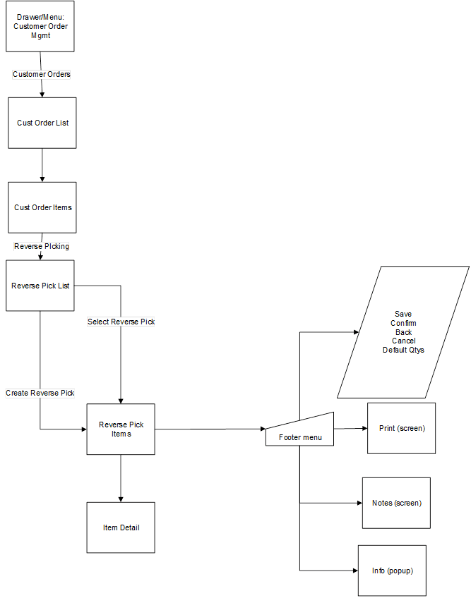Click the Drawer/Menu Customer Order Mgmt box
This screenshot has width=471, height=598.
coord(40,26)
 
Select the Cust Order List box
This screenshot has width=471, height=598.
coord(42,123)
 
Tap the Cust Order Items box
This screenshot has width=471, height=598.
coord(42,207)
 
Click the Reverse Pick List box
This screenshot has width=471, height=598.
coord(40,286)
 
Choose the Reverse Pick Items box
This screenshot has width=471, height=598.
coord(121,429)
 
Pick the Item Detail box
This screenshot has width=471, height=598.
coord(121,527)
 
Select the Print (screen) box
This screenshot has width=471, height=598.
coord(401,428)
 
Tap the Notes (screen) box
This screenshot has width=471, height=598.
coord(396,503)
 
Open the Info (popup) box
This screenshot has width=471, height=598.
coord(392,570)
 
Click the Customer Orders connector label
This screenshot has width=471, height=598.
coord(42,74)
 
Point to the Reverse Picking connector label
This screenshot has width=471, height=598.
coord(42,246)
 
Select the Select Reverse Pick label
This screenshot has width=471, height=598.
coord(121,322)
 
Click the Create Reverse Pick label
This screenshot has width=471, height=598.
coord(40,393)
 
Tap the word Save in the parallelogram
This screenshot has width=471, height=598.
coord(403,314)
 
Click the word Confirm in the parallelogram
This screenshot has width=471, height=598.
coord(403,323)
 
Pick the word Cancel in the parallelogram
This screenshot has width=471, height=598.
coord(403,341)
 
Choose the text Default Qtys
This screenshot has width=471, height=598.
coord(403,350)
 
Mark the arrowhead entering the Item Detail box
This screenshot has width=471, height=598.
coord(121,499)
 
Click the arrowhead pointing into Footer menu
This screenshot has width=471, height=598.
coord(262,429)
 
